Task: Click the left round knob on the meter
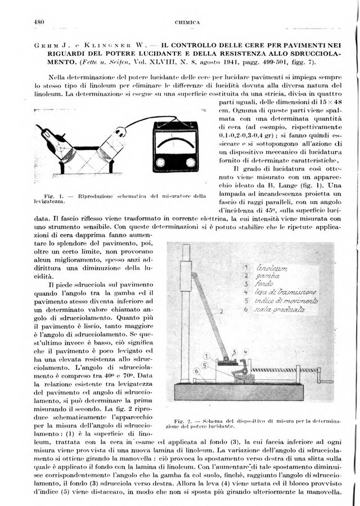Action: pos(163,162)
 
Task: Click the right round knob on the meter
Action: pos(191,162)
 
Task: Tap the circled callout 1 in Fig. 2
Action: pos(206,356)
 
